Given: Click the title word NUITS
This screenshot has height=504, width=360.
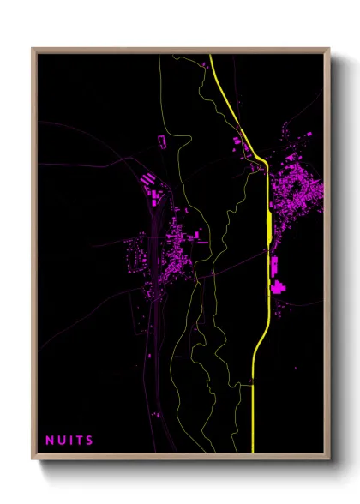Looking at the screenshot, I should [x=70, y=441].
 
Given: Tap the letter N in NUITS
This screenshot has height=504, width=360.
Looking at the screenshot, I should [x=50, y=441].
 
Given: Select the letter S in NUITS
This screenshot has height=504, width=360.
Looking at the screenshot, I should [x=90, y=441].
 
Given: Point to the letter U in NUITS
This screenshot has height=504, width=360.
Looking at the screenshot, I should [x=61, y=441].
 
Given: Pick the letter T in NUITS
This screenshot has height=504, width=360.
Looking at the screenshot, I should [x=80, y=441].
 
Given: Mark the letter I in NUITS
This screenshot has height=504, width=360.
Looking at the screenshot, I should [x=70, y=441].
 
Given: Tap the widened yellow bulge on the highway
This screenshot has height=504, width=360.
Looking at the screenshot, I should [x=269, y=227].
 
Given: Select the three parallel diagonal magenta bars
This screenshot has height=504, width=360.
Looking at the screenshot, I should [x=148, y=179].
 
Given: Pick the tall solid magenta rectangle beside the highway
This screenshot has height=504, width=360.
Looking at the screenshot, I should [x=275, y=267].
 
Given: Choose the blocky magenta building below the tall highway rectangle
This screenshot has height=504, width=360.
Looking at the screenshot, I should [x=279, y=287].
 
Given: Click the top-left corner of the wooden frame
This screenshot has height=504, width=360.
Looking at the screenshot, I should [x=33, y=49].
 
